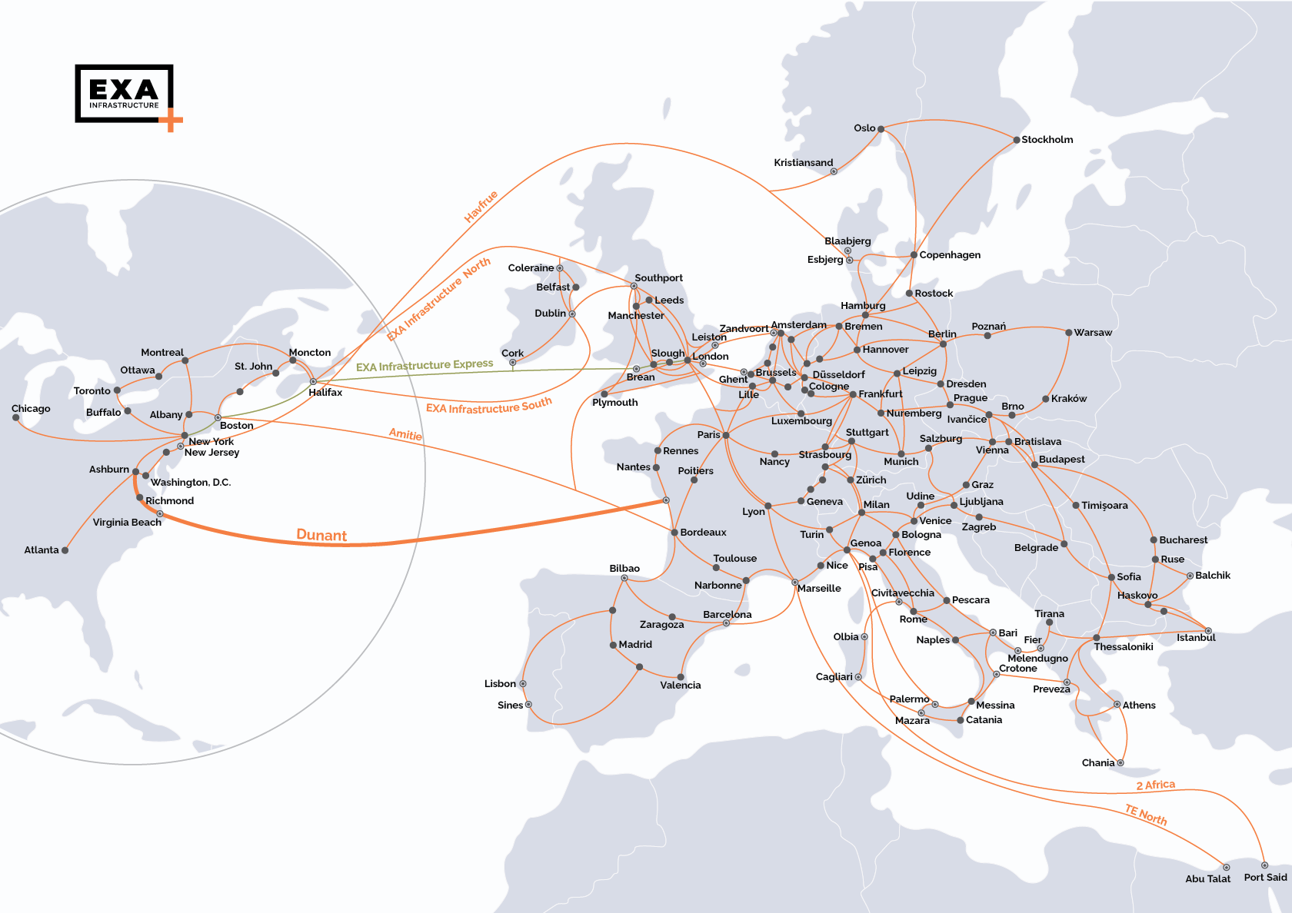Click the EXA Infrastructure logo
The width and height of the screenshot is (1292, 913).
coord(125,94)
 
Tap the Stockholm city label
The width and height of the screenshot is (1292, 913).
coord(1047,140)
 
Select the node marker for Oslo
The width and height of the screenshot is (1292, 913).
coord(881,129)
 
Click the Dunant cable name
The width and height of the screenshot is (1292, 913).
coord(321,536)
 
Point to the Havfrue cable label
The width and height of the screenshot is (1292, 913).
coord(481,206)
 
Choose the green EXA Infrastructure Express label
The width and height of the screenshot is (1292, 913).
coord(425,365)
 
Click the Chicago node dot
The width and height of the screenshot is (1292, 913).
coord(16,418)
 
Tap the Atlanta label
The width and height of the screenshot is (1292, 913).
coord(41,550)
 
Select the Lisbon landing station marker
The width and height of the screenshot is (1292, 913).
coord(523,684)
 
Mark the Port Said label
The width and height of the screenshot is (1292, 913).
coord(1265,878)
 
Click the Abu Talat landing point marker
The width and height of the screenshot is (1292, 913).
coord(1227,867)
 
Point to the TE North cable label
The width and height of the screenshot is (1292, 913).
coord(1146,815)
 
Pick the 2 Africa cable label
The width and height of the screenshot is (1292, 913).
coord(1156,785)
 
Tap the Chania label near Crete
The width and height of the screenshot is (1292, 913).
coord(1097,763)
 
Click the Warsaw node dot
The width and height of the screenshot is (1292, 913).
coord(1068,333)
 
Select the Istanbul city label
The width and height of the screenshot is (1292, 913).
coord(1196,638)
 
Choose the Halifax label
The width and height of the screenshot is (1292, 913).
coord(325,393)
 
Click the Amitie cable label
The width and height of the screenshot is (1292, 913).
coord(405,435)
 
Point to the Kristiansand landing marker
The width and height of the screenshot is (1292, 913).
coord(834,171)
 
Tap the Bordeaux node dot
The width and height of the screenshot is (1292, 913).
coord(674,532)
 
